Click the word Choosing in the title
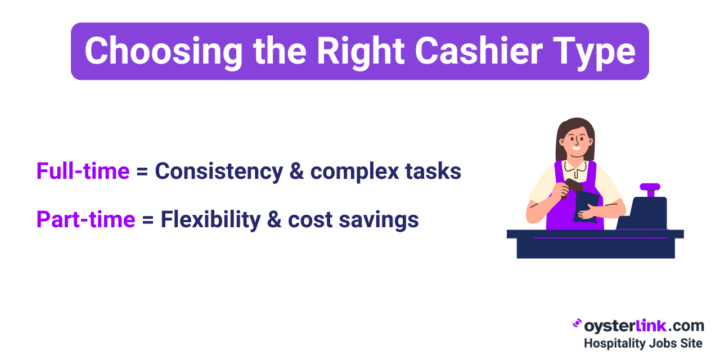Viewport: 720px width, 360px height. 164,51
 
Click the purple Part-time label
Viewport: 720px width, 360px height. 86,219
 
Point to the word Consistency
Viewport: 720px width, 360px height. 219,172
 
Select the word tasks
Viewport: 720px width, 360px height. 433,171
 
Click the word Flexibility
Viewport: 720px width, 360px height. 210,220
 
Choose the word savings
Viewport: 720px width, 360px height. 379,220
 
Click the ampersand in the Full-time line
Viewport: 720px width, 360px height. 296,171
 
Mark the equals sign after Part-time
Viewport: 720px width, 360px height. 148,220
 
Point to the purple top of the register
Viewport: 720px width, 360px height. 650,187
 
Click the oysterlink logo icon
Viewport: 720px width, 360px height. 577,323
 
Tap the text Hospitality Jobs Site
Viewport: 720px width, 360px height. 643,343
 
